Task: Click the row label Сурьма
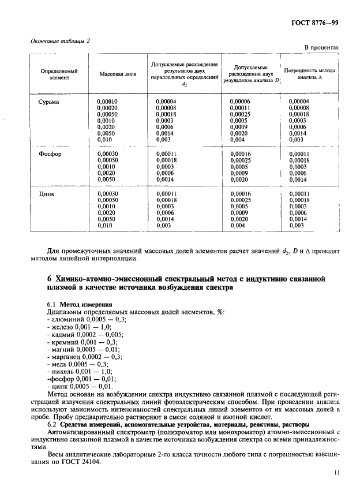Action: (x=49, y=102)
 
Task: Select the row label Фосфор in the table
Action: (x=51, y=154)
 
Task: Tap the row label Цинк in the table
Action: (x=47, y=194)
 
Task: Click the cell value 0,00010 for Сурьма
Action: (x=107, y=102)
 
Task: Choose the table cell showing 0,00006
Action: (x=239, y=102)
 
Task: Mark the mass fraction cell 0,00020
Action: (x=107, y=108)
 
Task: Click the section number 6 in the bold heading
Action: (x=50, y=279)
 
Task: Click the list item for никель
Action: (x=80, y=372)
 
